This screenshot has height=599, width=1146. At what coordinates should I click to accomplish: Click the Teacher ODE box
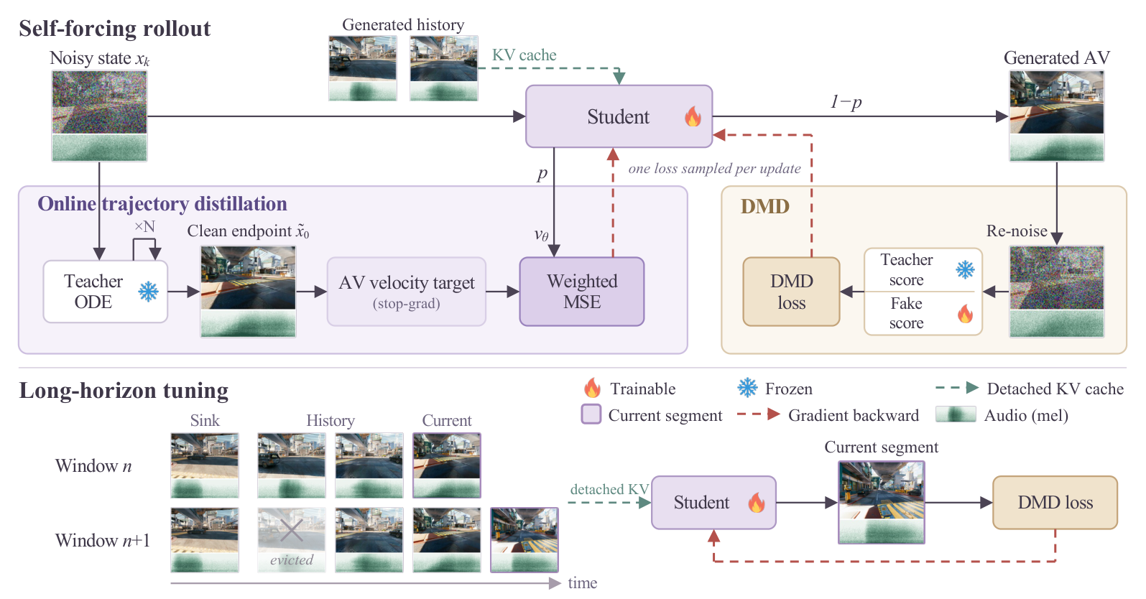coord(106,292)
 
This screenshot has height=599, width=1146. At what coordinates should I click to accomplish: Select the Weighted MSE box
coord(582,292)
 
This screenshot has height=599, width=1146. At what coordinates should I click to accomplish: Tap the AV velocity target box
coord(406,292)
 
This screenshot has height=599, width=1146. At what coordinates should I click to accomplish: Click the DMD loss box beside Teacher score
coord(792,292)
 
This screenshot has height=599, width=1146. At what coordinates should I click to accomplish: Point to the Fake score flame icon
coord(966,314)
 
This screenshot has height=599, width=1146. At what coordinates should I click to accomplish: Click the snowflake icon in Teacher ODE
coord(148,292)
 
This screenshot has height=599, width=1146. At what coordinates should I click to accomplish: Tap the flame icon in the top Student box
coord(693,116)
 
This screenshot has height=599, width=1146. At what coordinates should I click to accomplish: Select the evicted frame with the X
coord(292,539)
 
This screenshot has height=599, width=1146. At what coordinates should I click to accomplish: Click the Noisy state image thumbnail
coord(99,116)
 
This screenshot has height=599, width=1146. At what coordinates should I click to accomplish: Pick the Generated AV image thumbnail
coord(1056,116)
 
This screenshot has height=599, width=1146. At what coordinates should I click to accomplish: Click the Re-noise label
coord(1017,231)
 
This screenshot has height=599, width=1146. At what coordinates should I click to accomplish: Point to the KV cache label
coord(524,55)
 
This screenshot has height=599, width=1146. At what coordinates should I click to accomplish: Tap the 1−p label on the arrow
coord(846,102)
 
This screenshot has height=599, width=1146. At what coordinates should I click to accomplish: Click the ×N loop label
coord(144,227)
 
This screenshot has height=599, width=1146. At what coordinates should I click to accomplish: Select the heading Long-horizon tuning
coord(124,390)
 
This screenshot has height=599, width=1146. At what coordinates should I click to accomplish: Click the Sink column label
coord(205,420)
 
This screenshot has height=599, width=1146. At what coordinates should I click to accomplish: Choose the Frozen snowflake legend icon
coord(747,388)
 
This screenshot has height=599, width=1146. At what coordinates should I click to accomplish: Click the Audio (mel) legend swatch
coord(956,415)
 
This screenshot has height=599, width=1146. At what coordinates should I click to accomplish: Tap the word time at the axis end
coord(582,582)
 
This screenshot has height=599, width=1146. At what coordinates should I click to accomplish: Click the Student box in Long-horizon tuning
coord(713,502)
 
